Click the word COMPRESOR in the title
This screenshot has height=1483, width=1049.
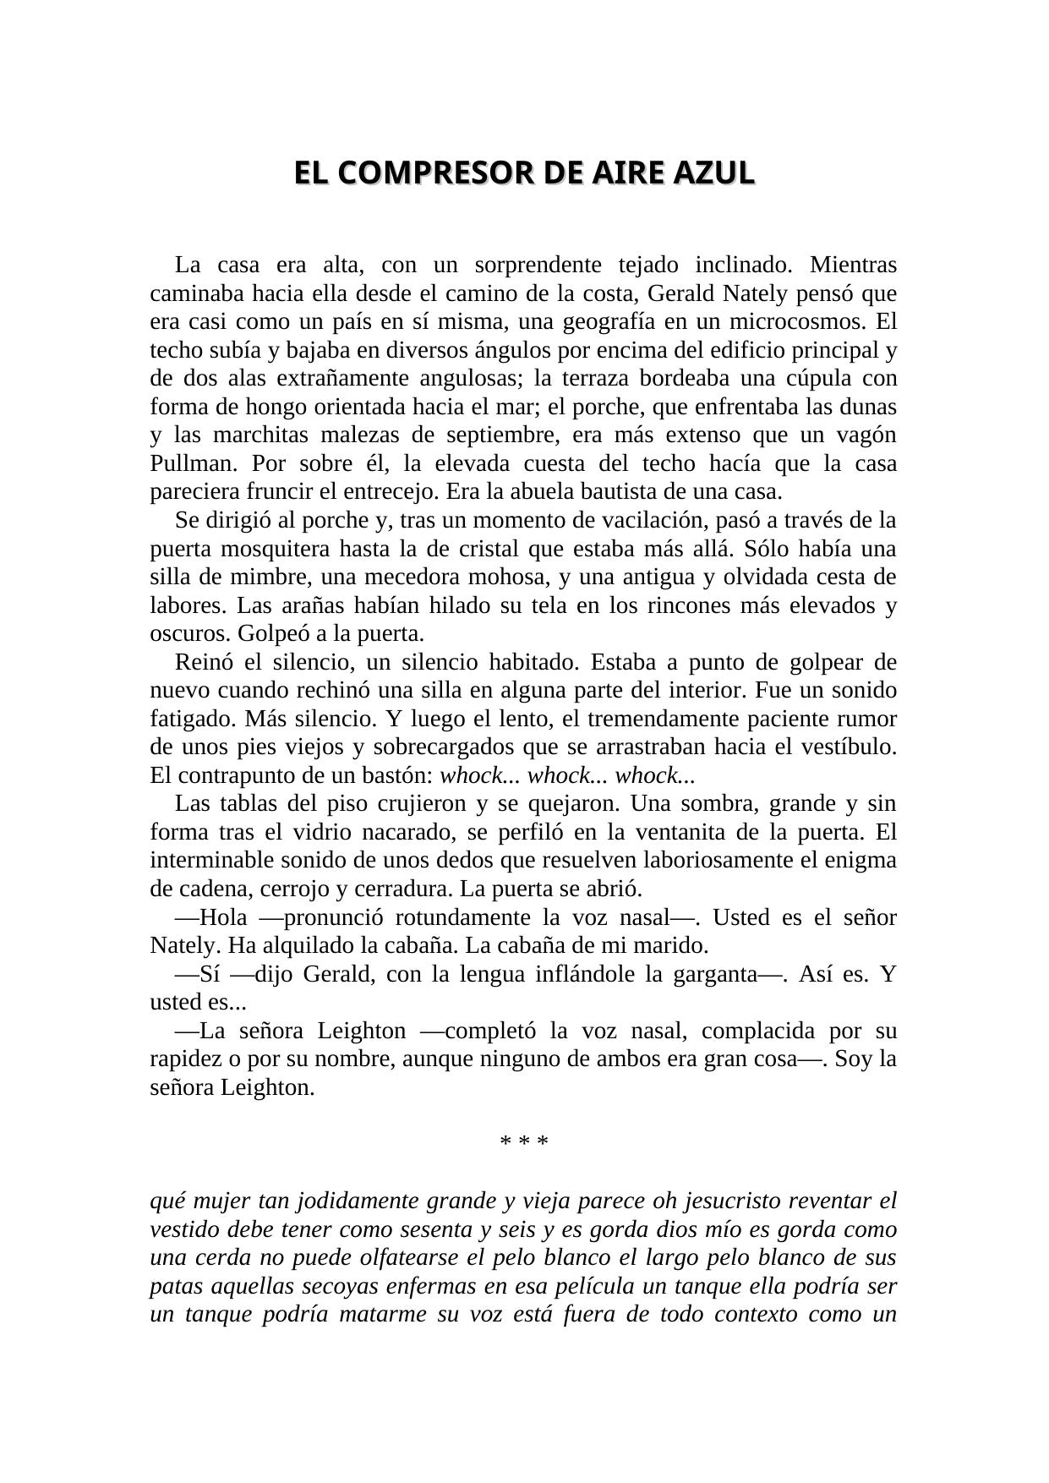439,172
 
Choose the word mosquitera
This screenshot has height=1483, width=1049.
275,550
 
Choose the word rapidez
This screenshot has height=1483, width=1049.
188,1059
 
